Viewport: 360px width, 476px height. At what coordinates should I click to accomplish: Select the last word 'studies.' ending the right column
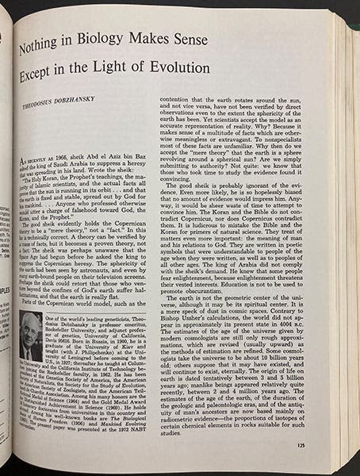click(x=174, y=435)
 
